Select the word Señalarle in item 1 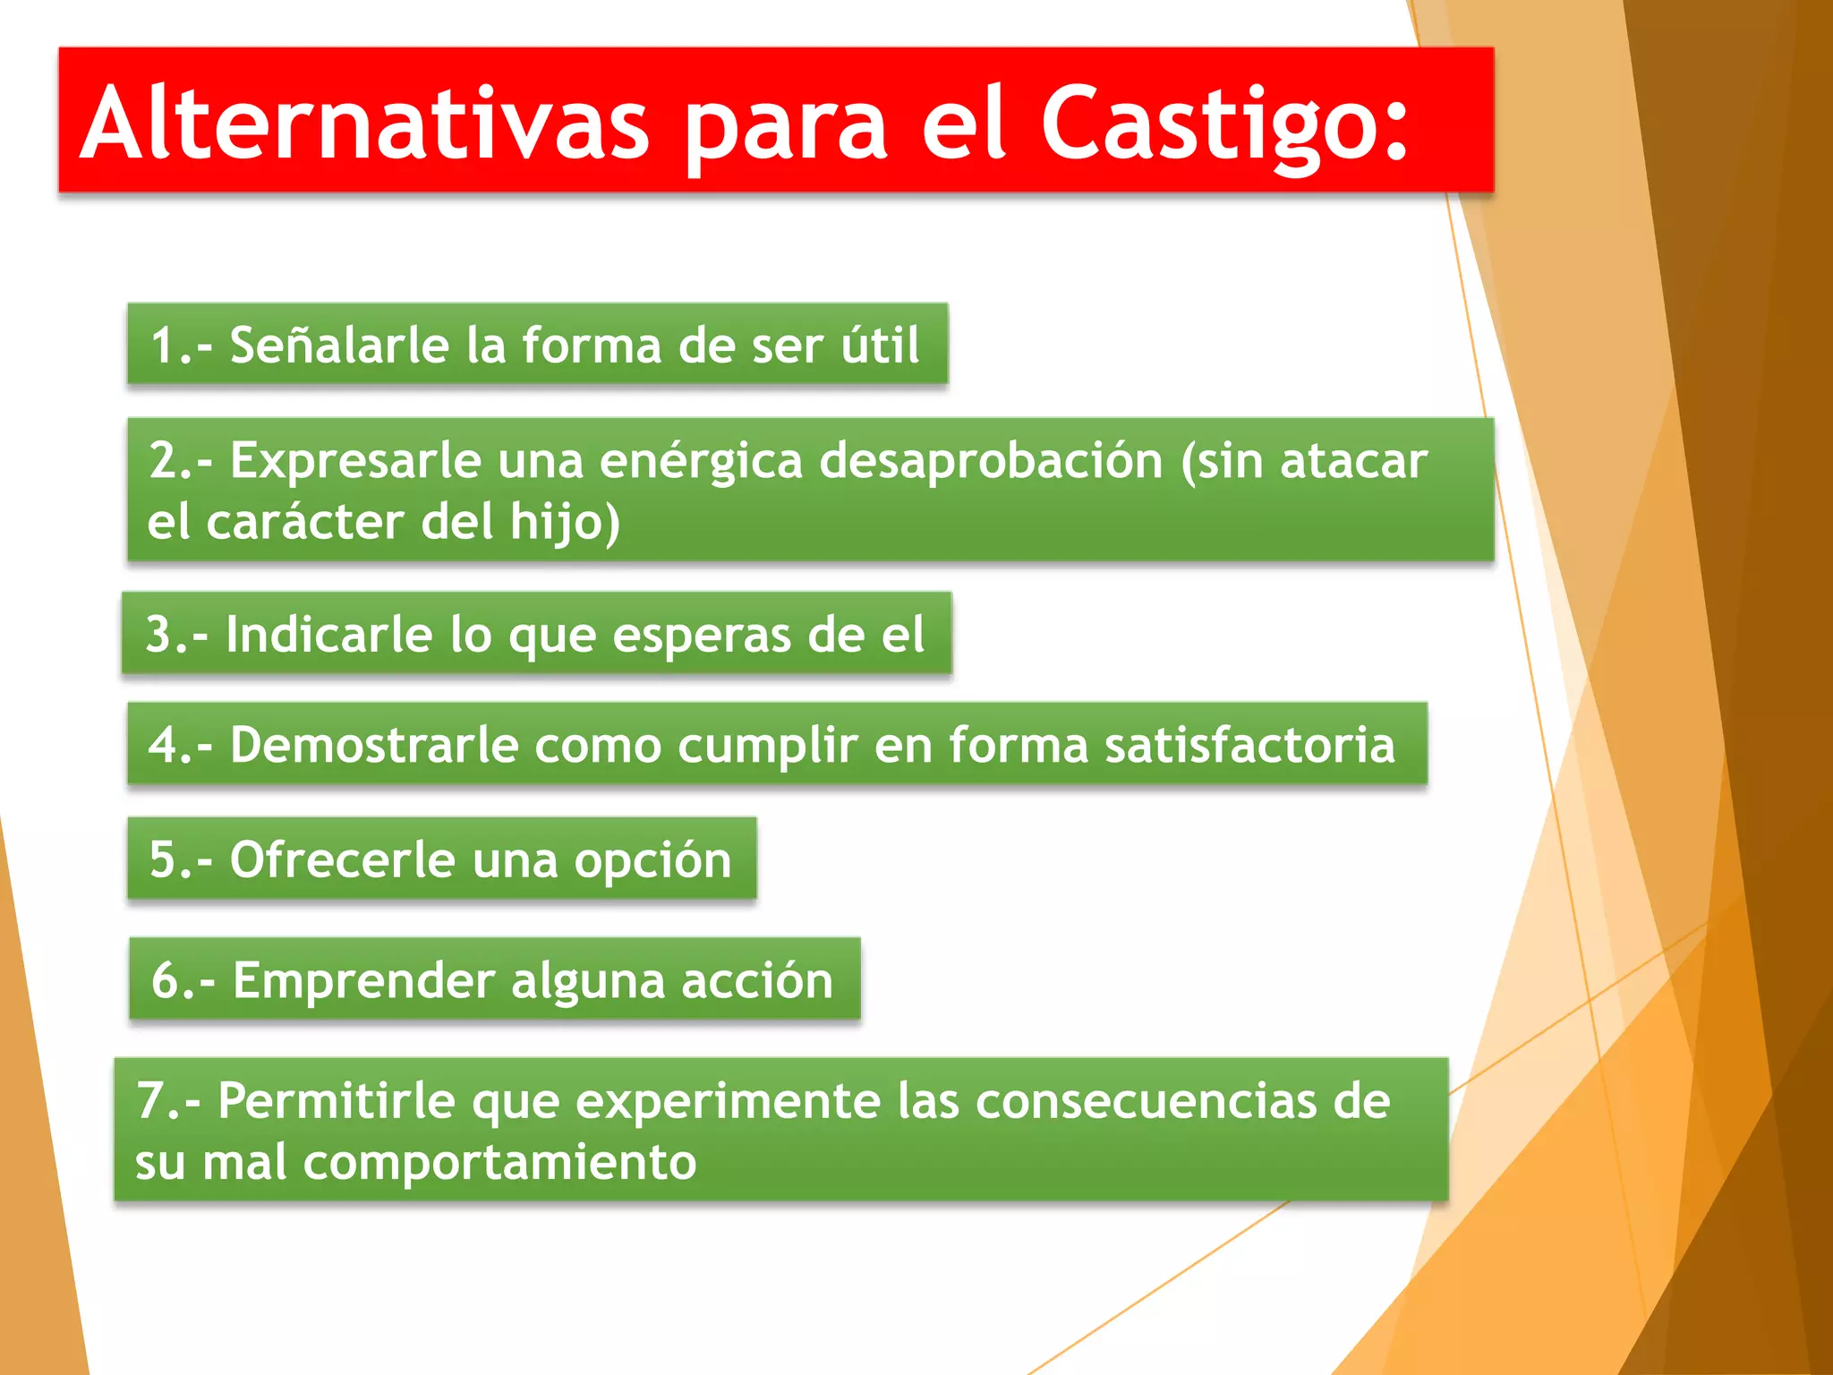[338, 345]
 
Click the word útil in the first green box [880, 345]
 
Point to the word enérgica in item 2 [701, 462]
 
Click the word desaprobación [991, 462]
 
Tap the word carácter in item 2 [304, 522]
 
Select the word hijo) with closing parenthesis [565, 524]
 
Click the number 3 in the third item [158, 634]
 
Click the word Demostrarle [373, 744]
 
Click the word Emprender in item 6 [362, 980]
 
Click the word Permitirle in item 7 [336, 1100]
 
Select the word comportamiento [499, 1163]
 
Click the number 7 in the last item [149, 1100]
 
